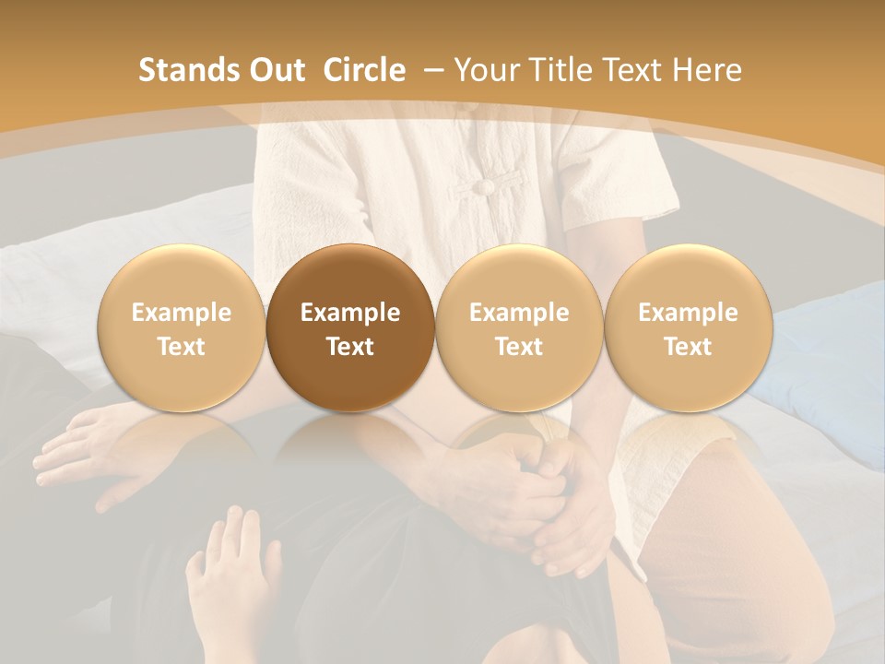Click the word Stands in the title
[x=181, y=70]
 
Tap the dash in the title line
[x=432, y=70]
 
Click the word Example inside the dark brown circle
[x=350, y=313]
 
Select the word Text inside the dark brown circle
[x=350, y=347]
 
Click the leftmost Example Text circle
[x=182, y=328]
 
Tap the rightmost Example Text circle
[x=688, y=328]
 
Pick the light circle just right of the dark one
[x=519, y=328]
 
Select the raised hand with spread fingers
[x=230, y=563]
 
